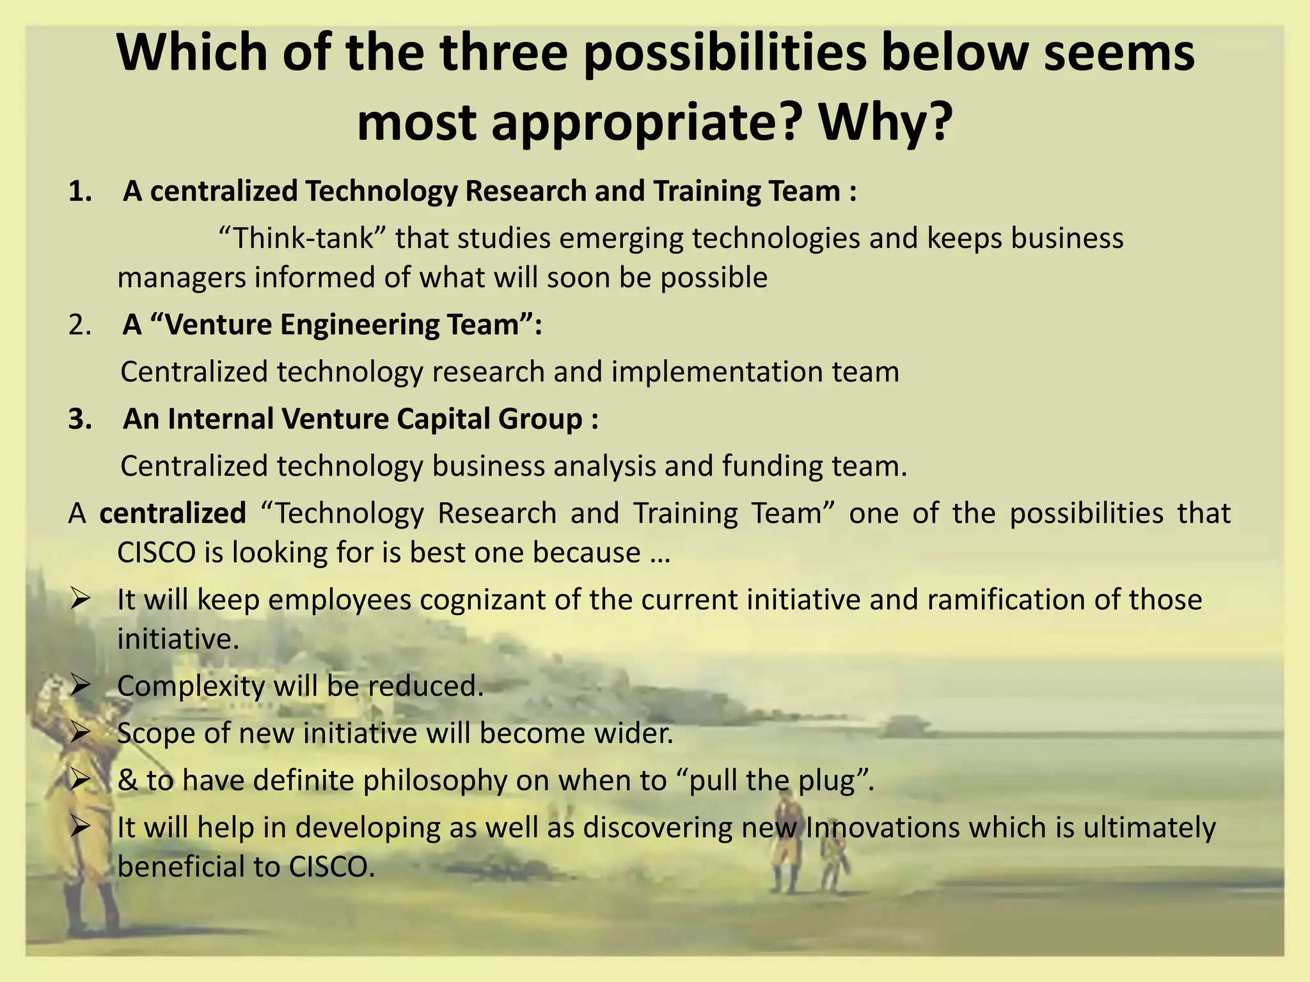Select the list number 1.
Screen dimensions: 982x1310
tap(81, 192)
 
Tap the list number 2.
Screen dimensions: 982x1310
tap(81, 325)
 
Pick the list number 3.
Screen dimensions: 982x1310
tap(81, 419)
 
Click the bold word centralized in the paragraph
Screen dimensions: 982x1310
tap(173, 513)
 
